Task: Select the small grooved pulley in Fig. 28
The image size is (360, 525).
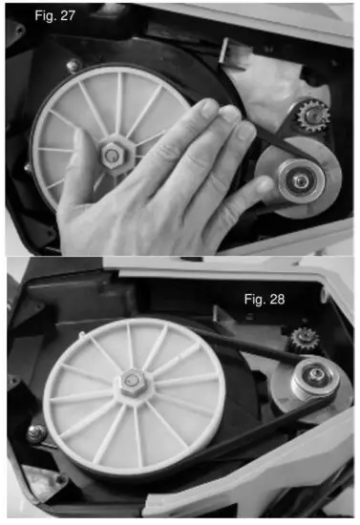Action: point(307,380)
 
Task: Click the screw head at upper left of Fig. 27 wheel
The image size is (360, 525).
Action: point(73,66)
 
